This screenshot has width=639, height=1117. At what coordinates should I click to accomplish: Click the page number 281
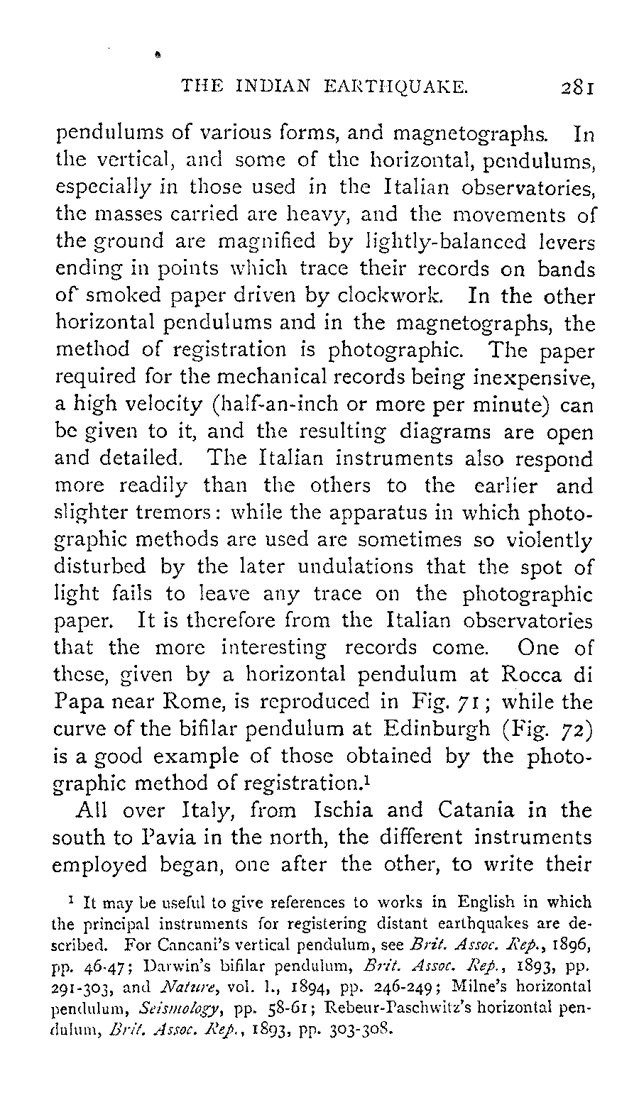point(577,87)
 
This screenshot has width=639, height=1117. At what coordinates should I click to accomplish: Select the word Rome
point(207,703)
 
